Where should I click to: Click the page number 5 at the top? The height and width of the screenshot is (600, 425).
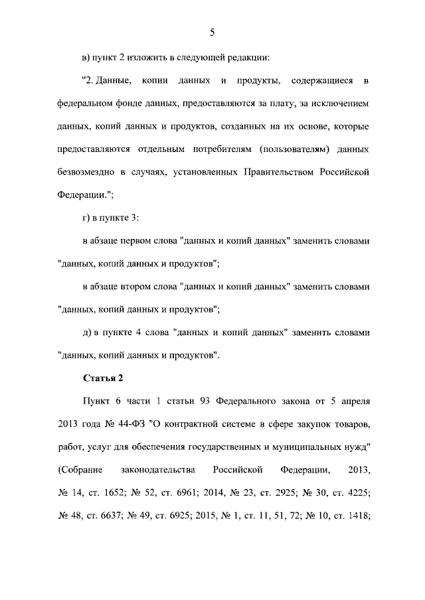pyautogui.click(x=212, y=33)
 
